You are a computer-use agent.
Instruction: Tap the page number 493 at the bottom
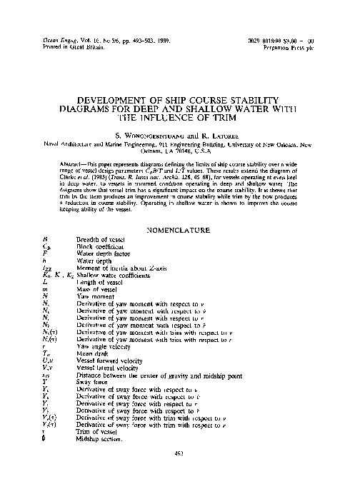point(180,472)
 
